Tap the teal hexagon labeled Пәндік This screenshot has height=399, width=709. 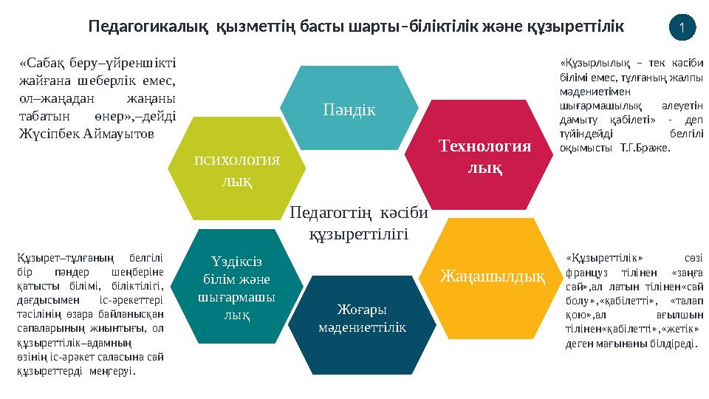pyautogui.click(x=349, y=109)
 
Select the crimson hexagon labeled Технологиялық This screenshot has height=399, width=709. pyautogui.click(x=485, y=157)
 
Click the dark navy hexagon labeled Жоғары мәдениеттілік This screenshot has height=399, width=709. pyautogui.click(x=363, y=318)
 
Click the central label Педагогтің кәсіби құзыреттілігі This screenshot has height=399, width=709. pyautogui.click(x=359, y=223)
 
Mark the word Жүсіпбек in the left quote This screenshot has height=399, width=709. pyautogui.click(x=45, y=134)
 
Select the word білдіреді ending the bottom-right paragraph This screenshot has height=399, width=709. pyautogui.click(x=671, y=344)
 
